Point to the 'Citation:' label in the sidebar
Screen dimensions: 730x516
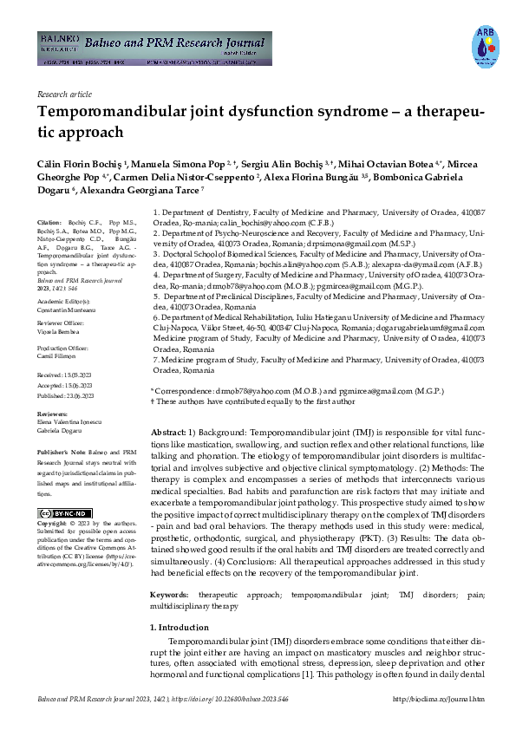(50, 222)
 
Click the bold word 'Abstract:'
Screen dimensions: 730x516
(168, 432)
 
